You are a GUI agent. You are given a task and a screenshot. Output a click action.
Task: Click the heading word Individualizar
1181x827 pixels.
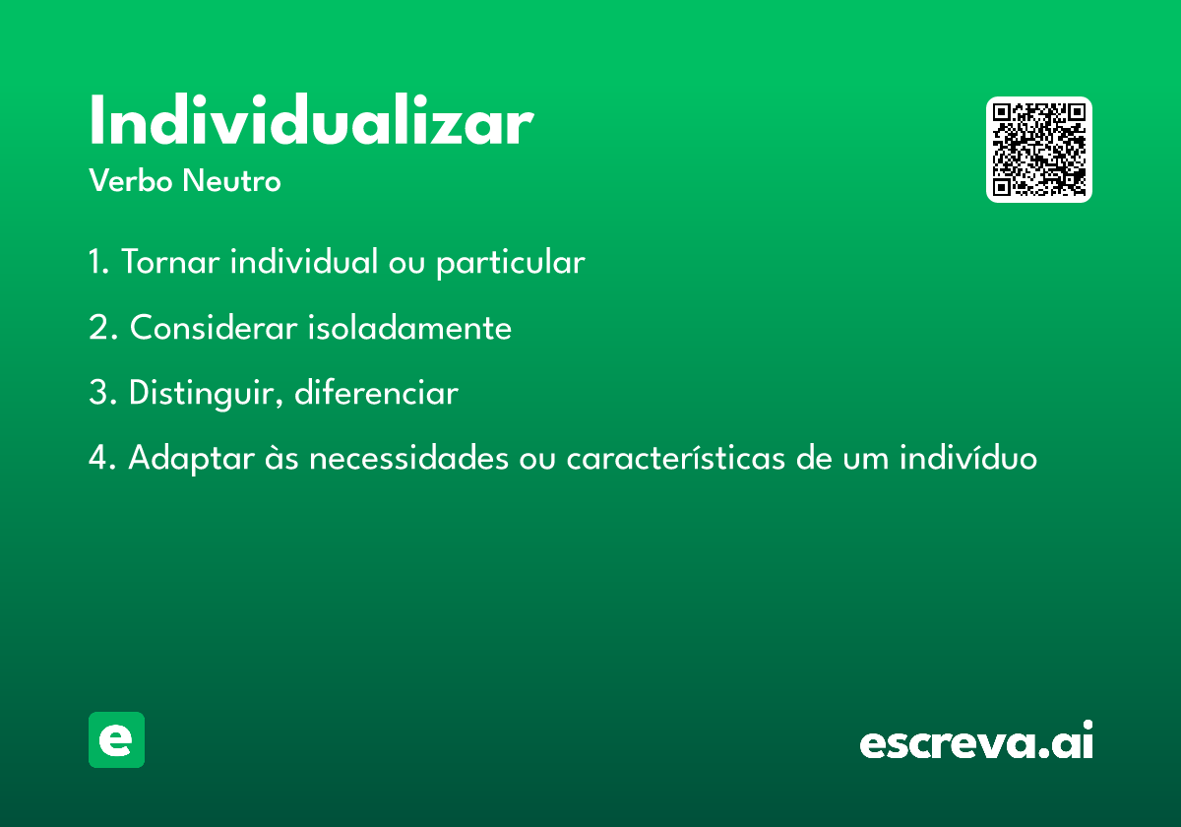312,119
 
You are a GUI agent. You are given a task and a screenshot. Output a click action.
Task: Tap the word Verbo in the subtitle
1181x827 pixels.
131,180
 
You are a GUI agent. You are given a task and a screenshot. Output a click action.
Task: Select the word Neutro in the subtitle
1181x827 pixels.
231,180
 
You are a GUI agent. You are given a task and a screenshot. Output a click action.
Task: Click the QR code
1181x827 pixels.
1038,150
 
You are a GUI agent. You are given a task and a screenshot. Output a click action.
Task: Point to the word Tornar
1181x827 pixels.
170,262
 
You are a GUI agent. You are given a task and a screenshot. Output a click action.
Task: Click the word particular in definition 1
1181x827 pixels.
511,263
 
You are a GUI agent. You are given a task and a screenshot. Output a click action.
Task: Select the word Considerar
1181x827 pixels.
214,327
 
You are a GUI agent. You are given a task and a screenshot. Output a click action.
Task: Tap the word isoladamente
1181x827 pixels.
409,327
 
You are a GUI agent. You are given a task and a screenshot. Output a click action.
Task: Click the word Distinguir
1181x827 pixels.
206,394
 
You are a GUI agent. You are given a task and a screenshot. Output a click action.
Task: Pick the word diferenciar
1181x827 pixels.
376,392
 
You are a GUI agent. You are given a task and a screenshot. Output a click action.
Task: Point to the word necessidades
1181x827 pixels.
408,457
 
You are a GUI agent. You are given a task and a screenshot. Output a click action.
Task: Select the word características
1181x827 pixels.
676,457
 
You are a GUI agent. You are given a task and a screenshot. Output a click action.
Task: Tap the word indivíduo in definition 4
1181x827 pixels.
968,457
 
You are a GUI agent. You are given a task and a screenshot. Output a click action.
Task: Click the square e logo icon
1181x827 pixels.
116,739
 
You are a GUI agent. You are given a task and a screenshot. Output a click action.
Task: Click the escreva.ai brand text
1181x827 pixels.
976,739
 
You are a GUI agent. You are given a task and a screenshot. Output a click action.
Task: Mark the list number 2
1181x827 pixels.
102,327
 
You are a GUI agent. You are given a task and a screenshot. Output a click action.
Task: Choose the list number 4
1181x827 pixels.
102,457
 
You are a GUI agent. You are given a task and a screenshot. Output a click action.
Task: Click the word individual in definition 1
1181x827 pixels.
304,261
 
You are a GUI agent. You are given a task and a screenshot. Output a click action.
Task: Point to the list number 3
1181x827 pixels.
102,393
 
